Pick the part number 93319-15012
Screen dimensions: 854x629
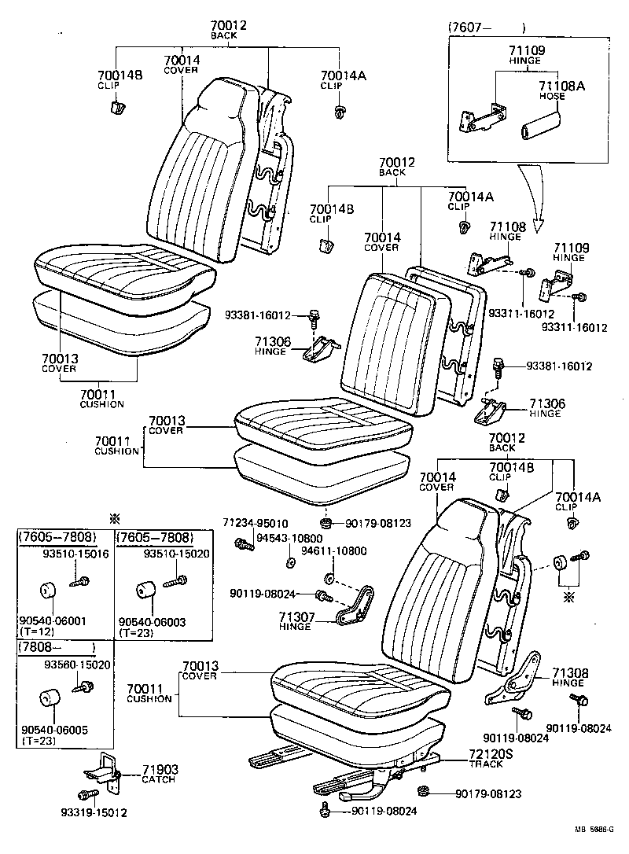(x=94, y=812)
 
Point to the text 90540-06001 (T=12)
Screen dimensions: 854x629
(x=53, y=625)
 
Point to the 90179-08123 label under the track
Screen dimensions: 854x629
(x=488, y=794)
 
